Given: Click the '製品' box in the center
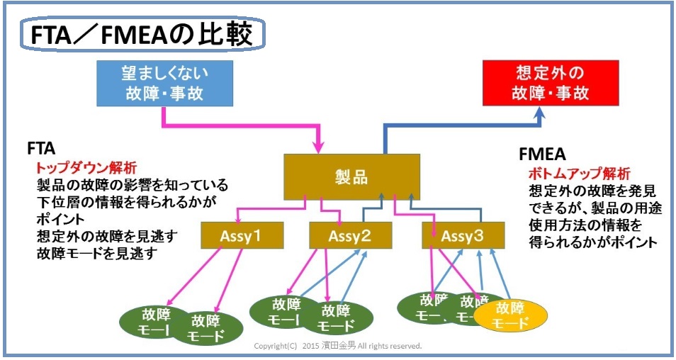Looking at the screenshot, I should click(351, 176).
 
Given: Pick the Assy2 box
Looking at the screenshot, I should click(350, 235).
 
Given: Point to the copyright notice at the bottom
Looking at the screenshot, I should click(338, 347).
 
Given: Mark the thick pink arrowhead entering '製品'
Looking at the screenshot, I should click(316, 146).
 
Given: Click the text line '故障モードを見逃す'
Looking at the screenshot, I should click(97, 254).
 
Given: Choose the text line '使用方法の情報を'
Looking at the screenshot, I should click(580, 225).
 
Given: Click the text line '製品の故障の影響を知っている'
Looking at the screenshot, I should click(132, 186).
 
